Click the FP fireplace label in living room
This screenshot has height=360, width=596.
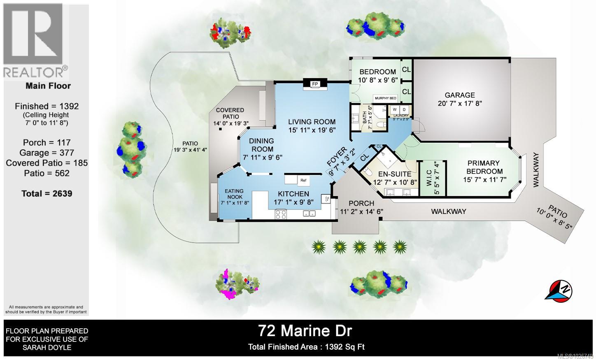(315, 84)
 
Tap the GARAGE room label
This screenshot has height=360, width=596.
(459, 95)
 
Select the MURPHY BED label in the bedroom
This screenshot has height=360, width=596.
(385, 98)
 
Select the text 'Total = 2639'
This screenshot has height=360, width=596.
(47, 193)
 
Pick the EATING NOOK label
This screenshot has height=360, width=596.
(234, 194)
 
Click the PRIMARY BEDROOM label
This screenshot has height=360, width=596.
(483, 167)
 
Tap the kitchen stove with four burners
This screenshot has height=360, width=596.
(281, 214)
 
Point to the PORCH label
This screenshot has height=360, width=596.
(361, 203)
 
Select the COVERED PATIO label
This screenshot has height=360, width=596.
(230, 113)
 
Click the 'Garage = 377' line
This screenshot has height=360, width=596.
(47, 153)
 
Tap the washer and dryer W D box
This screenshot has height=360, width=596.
(399, 109)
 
